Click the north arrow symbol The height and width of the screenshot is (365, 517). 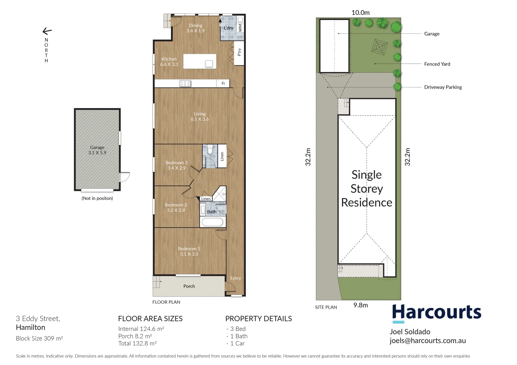[47, 31]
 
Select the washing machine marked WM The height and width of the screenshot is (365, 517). [240, 28]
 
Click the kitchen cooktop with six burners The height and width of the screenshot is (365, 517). [185, 83]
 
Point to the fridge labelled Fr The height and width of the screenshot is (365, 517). [223, 83]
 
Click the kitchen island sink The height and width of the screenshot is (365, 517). [209, 64]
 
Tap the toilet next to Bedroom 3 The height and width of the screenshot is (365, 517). [210, 149]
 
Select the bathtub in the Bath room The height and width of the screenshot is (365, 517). [212, 222]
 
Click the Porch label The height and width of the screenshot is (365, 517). [189, 286]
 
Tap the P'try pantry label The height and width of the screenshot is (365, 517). [239, 52]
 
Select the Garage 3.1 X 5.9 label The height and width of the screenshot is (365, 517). [97, 150]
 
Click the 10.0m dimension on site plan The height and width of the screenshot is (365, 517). [360, 13]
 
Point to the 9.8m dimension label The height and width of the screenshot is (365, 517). [360, 305]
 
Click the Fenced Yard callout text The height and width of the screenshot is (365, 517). [437, 64]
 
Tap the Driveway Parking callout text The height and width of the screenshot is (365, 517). [443, 87]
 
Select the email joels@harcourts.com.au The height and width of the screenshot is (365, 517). [427, 341]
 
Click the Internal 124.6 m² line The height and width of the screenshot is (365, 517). [141, 329]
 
